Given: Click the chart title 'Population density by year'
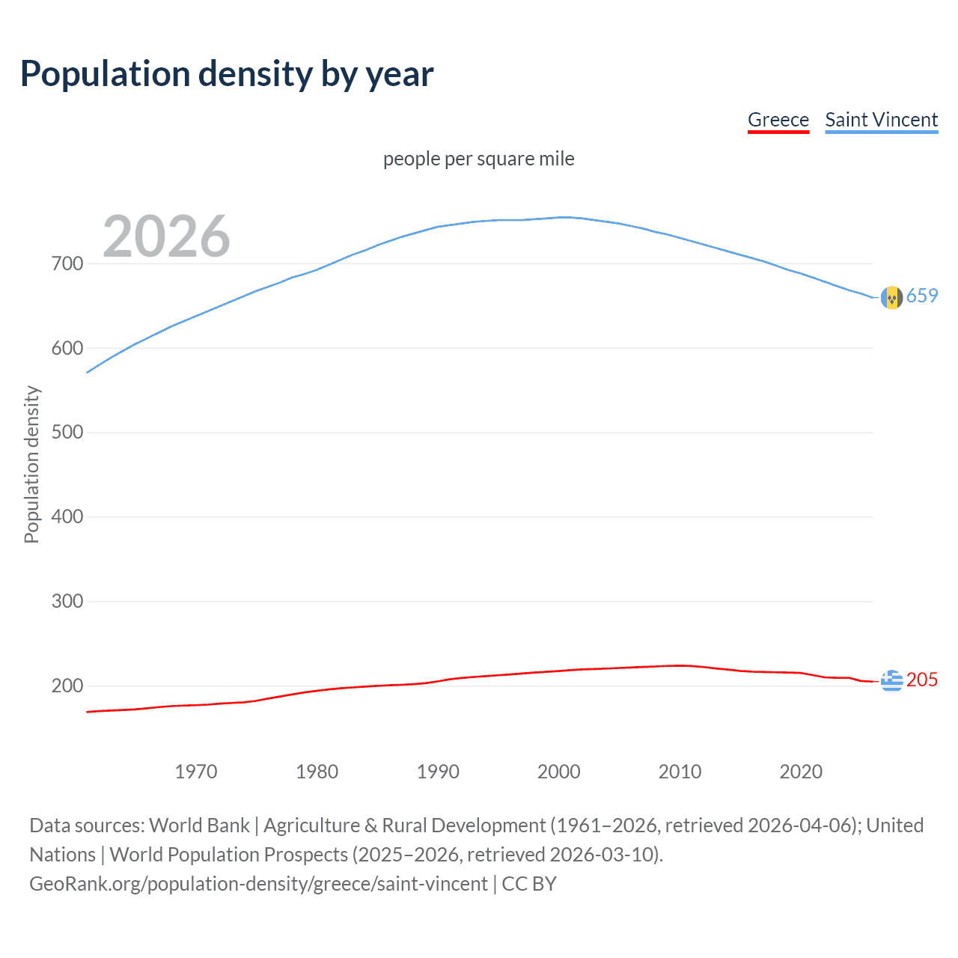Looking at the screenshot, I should (x=227, y=74).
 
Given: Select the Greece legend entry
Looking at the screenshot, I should (x=778, y=120).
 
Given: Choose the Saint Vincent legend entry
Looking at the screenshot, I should (x=881, y=120).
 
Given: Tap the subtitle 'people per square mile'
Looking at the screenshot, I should (x=479, y=159).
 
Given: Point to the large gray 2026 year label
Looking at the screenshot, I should (x=166, y=237).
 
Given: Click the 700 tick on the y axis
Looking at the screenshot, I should (x=67, y=263).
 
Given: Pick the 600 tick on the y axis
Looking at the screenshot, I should (x=67, y=348).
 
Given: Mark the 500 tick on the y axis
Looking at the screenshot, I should (x=67, y=433).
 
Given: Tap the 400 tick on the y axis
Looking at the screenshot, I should (x=67, y=517).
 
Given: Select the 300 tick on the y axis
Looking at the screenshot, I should (x=67, y=602).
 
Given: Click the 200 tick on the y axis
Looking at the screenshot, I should (x=67, y=686).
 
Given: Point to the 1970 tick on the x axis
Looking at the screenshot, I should (x=196, y=772).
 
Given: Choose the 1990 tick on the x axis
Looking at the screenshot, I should (x=438, y=772).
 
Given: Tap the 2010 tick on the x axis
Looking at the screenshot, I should (x=680, y=772).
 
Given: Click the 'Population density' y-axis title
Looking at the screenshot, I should (x=31, y=464).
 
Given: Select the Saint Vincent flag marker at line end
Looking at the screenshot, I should (x=891, y=297).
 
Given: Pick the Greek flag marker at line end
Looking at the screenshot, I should (x=891, y=680).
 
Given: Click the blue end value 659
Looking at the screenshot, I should (x=922, y=296).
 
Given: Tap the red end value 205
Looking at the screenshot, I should (x=922, y=680).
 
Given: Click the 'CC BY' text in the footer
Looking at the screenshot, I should (x=529, y=884).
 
